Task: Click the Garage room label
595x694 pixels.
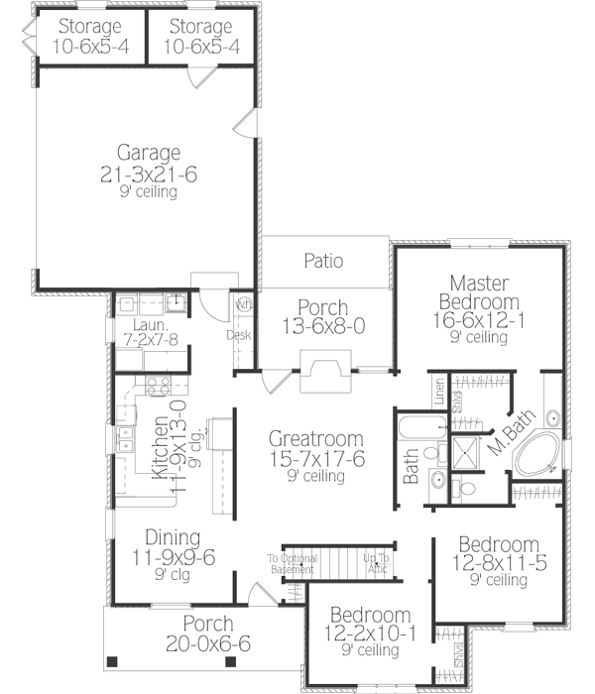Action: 149,154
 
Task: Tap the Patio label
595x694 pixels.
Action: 323,262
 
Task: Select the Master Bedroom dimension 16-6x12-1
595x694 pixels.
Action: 478,320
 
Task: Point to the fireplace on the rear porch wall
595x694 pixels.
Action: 323,373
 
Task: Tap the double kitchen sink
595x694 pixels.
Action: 127,442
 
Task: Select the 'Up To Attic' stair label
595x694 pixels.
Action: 377,563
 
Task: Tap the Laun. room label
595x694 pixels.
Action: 146,323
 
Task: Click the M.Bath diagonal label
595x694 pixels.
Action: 507,437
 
